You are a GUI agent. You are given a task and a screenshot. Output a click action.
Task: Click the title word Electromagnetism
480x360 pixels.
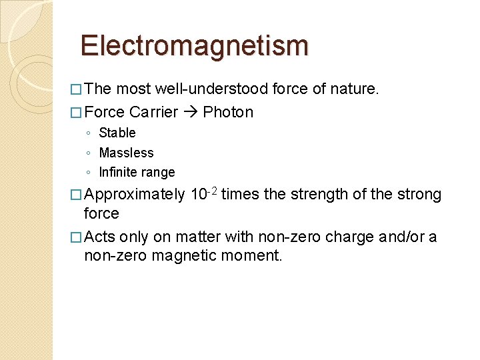click(194, 46)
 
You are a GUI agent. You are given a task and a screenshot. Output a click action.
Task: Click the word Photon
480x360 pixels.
click(228, 112)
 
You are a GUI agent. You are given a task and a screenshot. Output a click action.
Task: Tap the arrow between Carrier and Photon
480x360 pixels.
click(190, 112)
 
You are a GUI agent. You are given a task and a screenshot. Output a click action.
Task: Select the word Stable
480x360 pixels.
click(117, 133)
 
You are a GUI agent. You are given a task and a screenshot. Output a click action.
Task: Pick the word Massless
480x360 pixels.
click(126, 153)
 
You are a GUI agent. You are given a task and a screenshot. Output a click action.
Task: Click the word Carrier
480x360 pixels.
click(154, 112)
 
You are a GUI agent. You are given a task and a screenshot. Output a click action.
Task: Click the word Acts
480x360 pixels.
click(100, 237)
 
